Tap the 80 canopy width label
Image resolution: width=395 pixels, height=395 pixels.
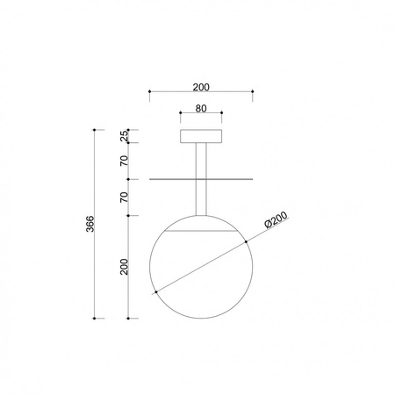coord(201,109)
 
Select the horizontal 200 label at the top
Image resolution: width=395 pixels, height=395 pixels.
coord(201,86)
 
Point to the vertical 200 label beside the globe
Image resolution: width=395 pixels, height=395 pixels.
coord(125,267)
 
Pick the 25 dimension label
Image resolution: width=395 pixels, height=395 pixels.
coord(125,136)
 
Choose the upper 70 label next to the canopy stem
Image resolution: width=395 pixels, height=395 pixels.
coord(125,161)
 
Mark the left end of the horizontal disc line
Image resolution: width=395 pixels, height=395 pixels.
coord(150,179)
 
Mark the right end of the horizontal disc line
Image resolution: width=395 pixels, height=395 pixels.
coord(253,179)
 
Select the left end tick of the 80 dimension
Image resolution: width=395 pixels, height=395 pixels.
coord(180,114)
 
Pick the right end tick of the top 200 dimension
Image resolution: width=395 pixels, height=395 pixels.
coord(253,91)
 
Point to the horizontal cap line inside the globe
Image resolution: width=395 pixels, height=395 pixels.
coord(201,231)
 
